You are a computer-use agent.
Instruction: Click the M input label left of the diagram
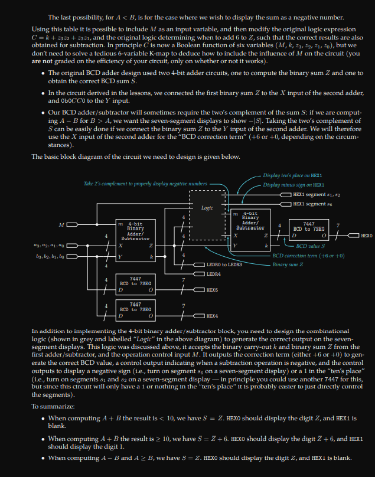pyautogui.click(x=61, y=224)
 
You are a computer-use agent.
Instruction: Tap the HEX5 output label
pyautogui.click(x=212, y=290)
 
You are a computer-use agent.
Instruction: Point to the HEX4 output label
pyautogui.click(x=212, y=316)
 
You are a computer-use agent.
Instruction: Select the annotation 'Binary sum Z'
pyautogui.click(x=288, y=264)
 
